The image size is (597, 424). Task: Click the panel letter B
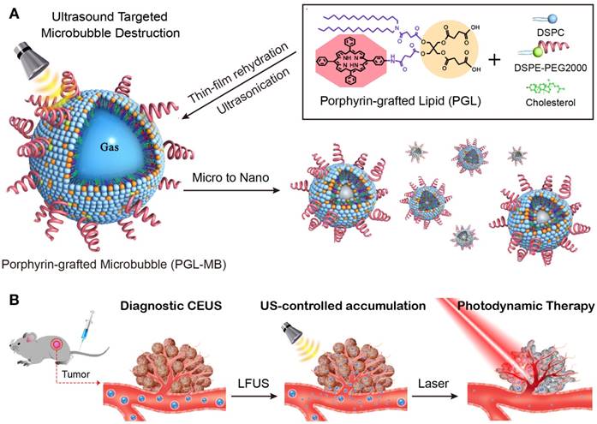[11, 301]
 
